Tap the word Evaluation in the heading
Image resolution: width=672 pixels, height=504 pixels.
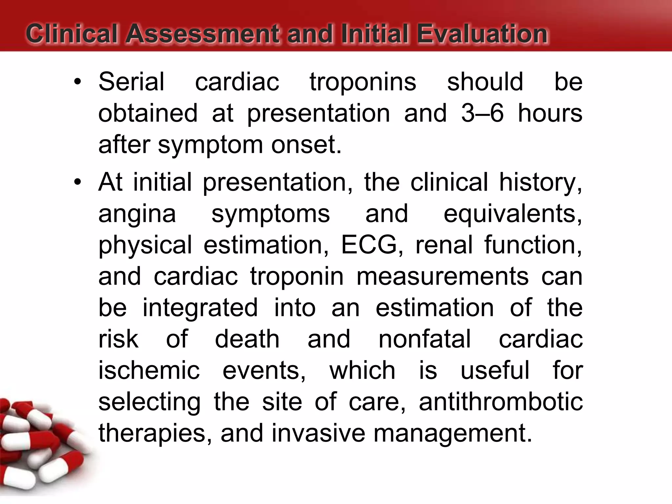482,34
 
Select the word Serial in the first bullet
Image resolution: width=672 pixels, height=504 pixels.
131,82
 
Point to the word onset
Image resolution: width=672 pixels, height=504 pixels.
306,145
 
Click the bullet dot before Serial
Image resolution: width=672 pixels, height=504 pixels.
77,82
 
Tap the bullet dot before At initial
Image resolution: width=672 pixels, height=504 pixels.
77,182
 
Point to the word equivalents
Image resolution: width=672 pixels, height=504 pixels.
513,214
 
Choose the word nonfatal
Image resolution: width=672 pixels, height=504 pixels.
425,339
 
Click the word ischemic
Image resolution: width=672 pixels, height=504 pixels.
149,370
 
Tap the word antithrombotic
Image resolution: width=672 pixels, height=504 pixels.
501,402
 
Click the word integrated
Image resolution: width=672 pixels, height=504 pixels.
200,308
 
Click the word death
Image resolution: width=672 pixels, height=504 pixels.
247,339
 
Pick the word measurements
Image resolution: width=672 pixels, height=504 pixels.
442,276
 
